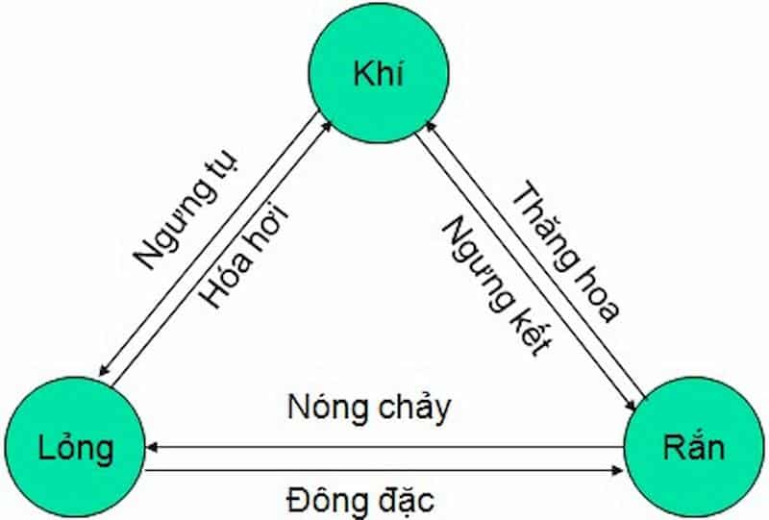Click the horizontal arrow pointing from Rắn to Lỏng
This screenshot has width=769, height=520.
(384, 446)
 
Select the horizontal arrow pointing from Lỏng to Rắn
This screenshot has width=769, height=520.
(384, 470)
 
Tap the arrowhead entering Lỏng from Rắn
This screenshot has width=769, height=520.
(154, 446)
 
